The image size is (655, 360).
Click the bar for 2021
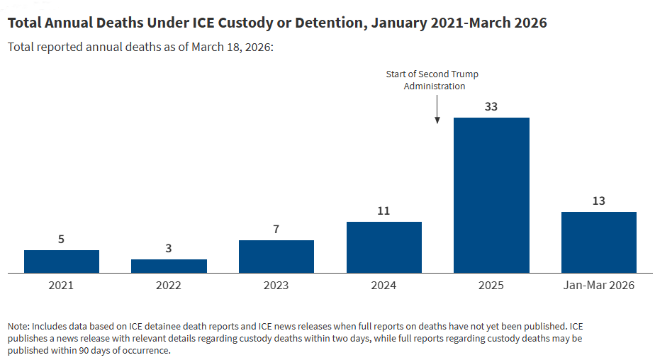click(x=62, y=261)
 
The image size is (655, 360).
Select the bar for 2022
click(x=169, y=266)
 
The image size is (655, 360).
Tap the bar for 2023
click(x=276, y=257)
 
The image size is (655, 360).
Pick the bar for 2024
click(x=384, y=247)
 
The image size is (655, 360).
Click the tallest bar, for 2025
click(x=491, y=195)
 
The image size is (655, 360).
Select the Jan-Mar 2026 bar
click(x=598, y=242)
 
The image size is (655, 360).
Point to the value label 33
click(x=491, y=107)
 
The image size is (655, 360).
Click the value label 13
click(x=598, y=201)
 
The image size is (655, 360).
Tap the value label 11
click(x=384, y=211)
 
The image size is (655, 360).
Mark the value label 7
click(x=276, y=230)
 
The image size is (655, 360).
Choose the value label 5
click(x=62, y=240)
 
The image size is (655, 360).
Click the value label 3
click(x=169, y=249)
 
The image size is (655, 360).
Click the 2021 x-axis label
click(x=62, y=286)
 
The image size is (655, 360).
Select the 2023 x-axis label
click(x=276, y=286)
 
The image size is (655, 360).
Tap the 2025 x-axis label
click(x=491, y=286)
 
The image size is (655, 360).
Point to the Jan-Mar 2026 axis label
click(x=598, y=286)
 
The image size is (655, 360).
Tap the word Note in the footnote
click(x=18, y=326)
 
